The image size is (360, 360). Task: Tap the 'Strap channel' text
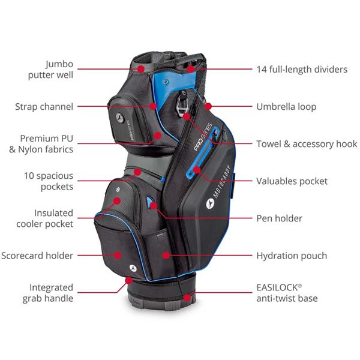(x=44, y=107)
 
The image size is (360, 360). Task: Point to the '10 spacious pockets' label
(x=49, y=181)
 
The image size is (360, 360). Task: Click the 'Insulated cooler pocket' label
(x=50, y=218)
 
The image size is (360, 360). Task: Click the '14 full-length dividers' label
(x=302, y=69)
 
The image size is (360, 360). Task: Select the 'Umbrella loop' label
(x=286, y=107)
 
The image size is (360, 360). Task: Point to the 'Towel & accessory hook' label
(x=307, y=144)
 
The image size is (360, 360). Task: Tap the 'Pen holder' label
(x=279, y=218)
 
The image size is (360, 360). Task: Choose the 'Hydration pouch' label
(x=292, y=256)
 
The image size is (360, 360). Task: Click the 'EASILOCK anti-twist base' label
(x=287, y=293)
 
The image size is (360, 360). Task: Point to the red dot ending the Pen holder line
(x=154, y=205)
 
